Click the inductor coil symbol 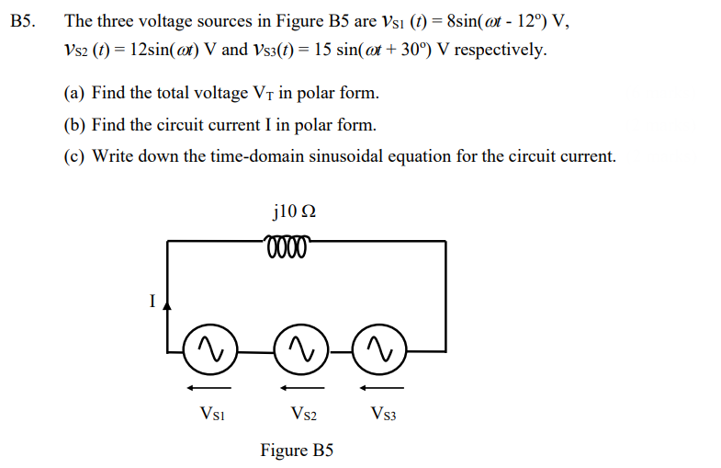287,245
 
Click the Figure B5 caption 297,451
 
